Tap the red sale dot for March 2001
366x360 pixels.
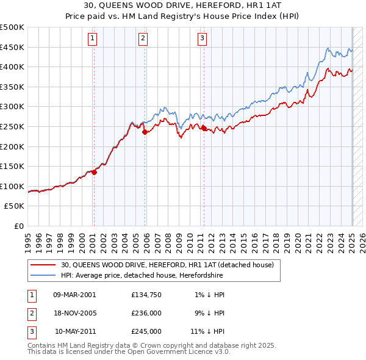95,172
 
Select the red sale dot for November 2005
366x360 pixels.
145,132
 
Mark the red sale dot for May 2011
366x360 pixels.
204,128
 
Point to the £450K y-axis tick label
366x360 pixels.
12,47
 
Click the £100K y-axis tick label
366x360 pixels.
12,186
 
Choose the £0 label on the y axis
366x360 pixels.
18,226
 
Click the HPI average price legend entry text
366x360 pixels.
142,275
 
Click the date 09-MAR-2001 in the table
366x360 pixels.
74,295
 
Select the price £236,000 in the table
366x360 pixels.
146,313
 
